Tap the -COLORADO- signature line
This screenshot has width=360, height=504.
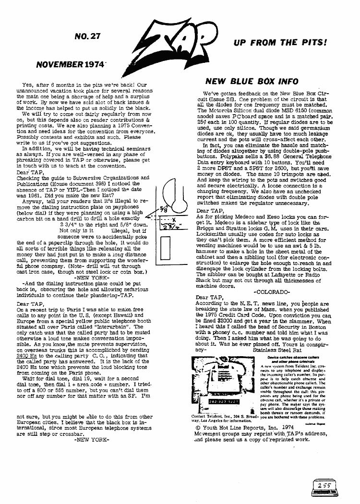pyautogui.click(x=271, y=291)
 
